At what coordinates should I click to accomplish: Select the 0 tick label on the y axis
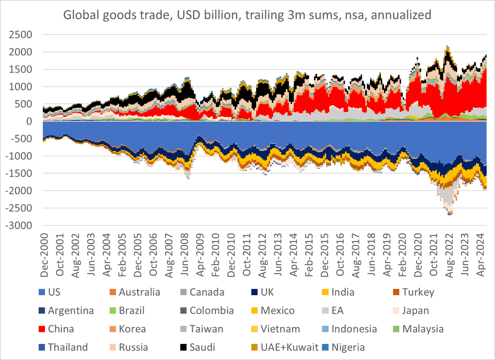pyautogui.click(x=29, y=121)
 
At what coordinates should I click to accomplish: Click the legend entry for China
pyautogui.click(x=61, y=329)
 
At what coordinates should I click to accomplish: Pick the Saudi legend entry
pyautogui.click(x=203, y=347)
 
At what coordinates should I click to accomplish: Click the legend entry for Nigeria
pyautogui.click(x=349, y=347)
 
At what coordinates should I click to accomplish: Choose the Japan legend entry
pyautogui.click(x=416, y=311)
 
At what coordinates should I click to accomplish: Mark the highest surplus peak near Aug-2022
pyautogui.click(x=447, y=46)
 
